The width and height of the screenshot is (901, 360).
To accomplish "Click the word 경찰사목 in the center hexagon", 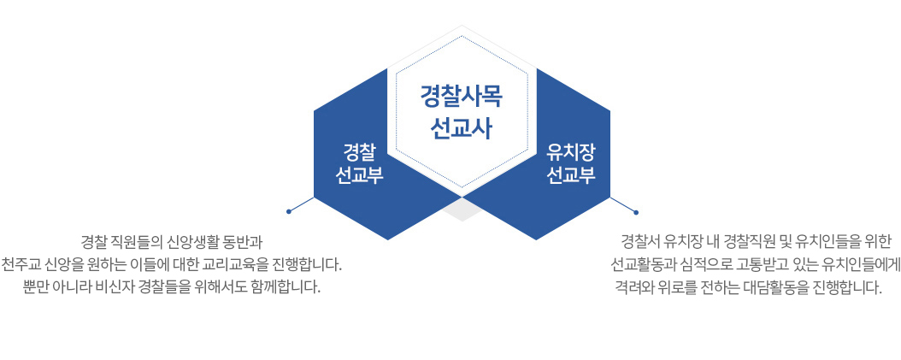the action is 462,97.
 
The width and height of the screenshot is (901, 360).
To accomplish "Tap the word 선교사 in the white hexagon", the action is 462,128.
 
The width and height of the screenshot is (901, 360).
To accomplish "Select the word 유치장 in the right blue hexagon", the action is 570,152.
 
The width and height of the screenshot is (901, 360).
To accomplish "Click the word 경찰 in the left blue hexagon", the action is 359,152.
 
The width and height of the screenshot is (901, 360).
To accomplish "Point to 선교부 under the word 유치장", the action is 570,174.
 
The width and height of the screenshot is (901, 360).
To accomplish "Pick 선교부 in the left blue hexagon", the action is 359,174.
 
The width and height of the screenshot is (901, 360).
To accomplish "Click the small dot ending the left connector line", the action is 288,211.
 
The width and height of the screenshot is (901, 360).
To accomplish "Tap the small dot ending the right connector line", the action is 636,213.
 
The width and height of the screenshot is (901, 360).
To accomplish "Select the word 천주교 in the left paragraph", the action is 18,265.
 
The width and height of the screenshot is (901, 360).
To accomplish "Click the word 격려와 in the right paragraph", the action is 632,286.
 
